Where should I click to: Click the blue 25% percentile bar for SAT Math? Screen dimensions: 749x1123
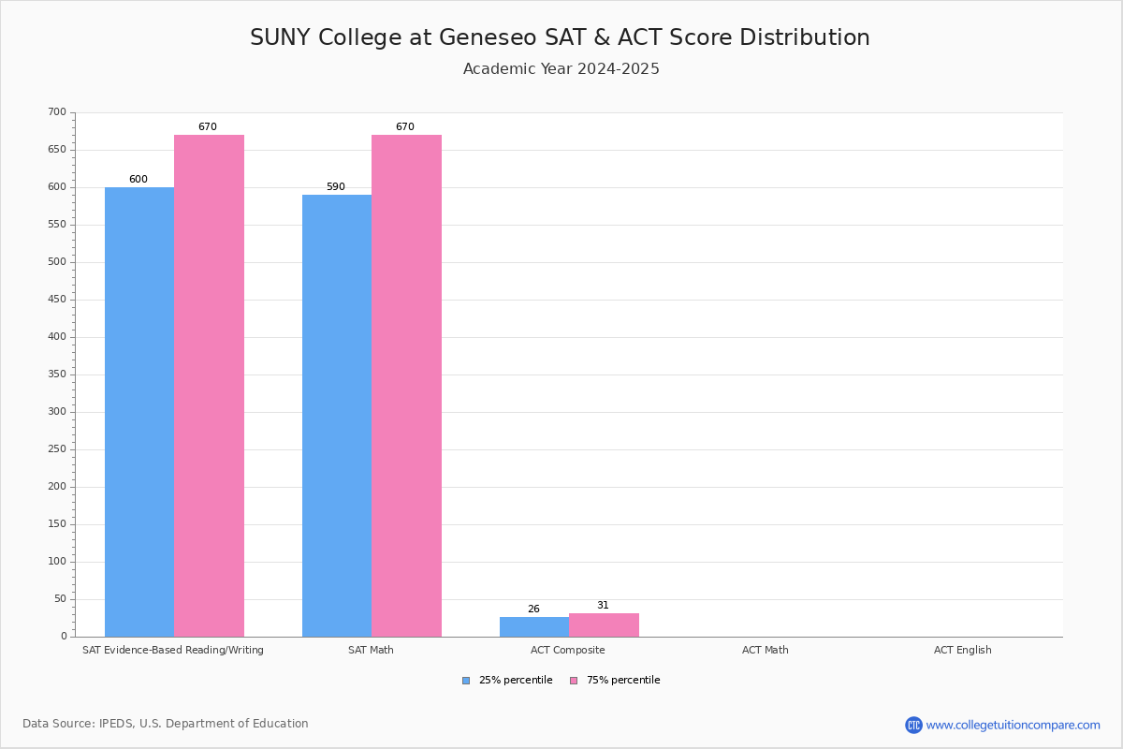click(337, 416)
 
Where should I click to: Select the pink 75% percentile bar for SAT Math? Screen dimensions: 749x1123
click(406, 386)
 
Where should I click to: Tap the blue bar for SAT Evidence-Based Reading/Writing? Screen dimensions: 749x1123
click(139, 412)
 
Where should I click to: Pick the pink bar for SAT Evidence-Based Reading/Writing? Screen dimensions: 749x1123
click(209, 386)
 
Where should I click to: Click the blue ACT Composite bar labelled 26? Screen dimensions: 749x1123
click(534, 626)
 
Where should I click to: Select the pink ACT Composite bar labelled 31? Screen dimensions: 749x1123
click(604, 624)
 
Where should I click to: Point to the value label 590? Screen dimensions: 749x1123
click(336, 187)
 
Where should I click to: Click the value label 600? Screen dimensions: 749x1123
click(139, 180)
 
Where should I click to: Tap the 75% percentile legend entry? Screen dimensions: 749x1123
click(615, 681)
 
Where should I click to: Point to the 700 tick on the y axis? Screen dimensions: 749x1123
click(57, 112)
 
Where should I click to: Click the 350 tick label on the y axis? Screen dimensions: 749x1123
click(57, 374)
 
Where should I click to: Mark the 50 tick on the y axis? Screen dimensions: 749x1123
click(60, 599)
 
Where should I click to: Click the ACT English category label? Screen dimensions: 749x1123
click(962, 650)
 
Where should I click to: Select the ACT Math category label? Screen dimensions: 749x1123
click(766, 650)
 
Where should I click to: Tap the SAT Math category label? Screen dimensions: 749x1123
click(371, 650)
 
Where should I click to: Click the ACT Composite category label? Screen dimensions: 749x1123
click(568, 650)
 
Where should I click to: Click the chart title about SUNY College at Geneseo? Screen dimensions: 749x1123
click(560, 37)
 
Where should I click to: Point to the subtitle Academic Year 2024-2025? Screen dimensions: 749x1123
click(561, 69)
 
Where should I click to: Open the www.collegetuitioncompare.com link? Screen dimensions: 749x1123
click(1013, 725)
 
